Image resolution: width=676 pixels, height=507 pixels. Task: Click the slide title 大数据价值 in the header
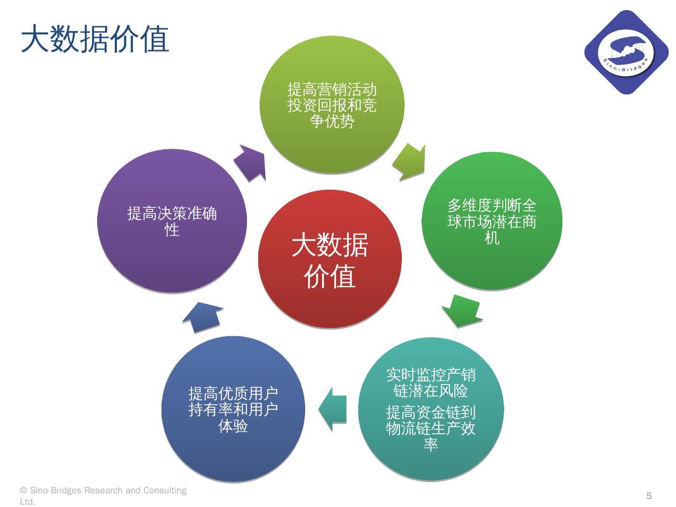coord(95,39)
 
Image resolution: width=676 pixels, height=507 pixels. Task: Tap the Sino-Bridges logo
coord(626,52)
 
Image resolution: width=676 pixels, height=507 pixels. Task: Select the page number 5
coord(649,496)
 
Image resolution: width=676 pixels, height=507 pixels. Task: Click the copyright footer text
coord(103,496)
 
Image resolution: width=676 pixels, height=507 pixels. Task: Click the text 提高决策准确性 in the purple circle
coord(172,222)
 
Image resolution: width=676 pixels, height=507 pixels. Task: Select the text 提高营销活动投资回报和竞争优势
coord(331,105)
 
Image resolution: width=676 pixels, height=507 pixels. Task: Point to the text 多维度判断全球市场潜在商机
coord(492,221)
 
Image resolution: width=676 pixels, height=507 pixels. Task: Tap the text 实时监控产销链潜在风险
coord(430,382)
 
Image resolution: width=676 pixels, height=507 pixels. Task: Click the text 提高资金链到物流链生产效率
coord(430,428)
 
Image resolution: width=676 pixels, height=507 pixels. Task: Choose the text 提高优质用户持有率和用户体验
coord(233,409)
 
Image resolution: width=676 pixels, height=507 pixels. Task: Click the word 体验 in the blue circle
coord(233,426)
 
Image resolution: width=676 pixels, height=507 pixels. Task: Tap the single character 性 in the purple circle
coord(172,230)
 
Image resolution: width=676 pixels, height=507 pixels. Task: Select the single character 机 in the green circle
coord(492,238)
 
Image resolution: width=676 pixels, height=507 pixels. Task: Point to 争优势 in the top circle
coord(331,121)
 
